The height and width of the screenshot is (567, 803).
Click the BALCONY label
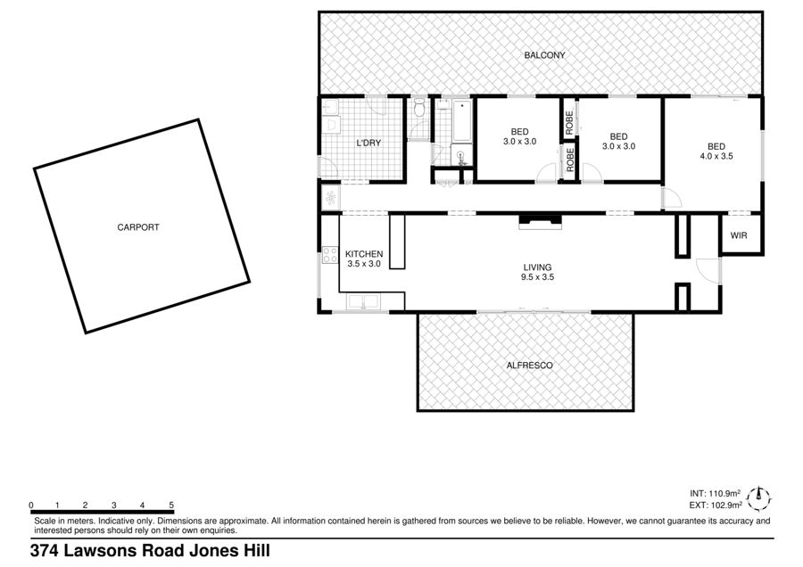click(544, 55)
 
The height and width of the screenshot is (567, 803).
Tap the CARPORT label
click(138, 227)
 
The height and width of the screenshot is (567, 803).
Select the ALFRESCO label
click(529, 366)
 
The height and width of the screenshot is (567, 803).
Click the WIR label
click(739, 235)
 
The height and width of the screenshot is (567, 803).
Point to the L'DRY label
click(368, 143)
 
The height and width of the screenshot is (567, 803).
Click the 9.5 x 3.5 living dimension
click(538, 277)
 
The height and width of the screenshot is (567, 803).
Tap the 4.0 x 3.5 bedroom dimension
click(716, 156)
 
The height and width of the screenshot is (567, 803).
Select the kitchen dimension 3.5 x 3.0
click(364, 264)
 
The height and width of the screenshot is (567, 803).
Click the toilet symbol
click(419, 108)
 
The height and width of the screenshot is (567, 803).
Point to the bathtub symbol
click(462, 120)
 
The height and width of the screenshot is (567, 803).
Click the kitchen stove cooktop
click(330, 255)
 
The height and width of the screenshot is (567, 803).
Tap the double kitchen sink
click(363, 301)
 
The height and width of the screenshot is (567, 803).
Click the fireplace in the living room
click(541, 221)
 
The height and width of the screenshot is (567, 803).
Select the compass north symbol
click(759, 498)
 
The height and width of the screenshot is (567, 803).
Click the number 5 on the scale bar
click(171, 505)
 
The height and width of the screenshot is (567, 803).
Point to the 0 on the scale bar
click(31, 505)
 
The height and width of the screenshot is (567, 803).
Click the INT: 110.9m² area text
click(715, 493)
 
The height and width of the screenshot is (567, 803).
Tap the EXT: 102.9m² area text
click(716, 505)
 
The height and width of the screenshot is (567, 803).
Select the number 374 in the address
click(46, 551)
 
